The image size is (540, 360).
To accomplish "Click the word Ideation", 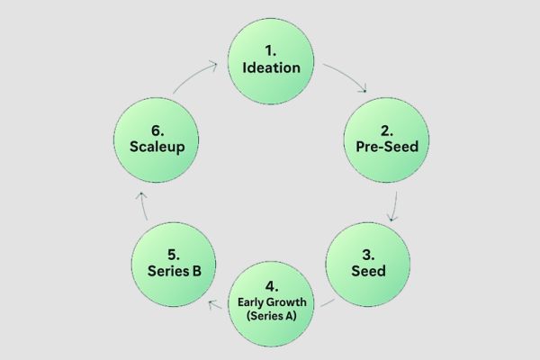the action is (272, 67).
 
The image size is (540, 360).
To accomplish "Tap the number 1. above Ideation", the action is (271, 51).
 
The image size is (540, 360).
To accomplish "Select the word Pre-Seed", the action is (387, 147).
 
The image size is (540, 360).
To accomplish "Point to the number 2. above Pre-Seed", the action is (387, 130).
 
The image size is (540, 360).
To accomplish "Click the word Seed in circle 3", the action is (368, 271).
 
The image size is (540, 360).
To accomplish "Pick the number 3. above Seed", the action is (368, 255).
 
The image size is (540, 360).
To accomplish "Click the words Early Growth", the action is (272, 302).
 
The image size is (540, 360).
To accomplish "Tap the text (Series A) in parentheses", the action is (272, 316).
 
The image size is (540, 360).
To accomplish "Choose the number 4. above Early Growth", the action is (272, 286).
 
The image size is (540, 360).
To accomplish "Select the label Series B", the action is (175, 271).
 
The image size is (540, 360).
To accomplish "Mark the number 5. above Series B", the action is (174, 255).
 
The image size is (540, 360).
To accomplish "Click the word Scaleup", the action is (157, 147).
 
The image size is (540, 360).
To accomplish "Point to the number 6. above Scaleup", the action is (157, 130).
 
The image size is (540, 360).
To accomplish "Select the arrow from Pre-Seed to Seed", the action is (395, 207).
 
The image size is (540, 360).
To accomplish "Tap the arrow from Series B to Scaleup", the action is (144, 206).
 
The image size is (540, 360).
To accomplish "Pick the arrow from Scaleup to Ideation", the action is (193, 76).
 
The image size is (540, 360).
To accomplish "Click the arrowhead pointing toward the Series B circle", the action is (212, 304).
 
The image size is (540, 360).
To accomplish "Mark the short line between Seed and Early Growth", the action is (328, 302).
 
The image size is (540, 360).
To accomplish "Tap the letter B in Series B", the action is (197, 271).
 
